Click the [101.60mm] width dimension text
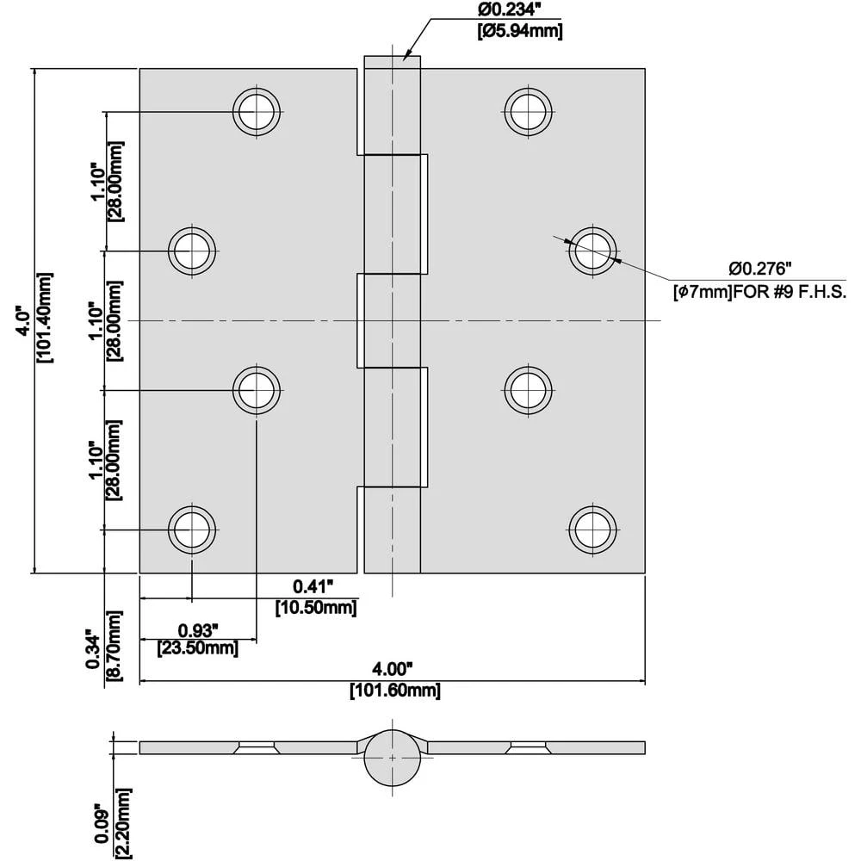tap(394, 691)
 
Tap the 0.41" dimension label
tap(313, 587)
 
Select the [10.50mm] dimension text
tap(316, 608)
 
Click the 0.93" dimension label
tap(199, 629)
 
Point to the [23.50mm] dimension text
tap(197, 649)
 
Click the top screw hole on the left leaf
tap(257, 110)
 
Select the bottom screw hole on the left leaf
tap(192, 529)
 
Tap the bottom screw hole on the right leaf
tap(594, 529)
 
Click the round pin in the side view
tap(393, 757)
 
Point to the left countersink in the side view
tap(256, 746)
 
